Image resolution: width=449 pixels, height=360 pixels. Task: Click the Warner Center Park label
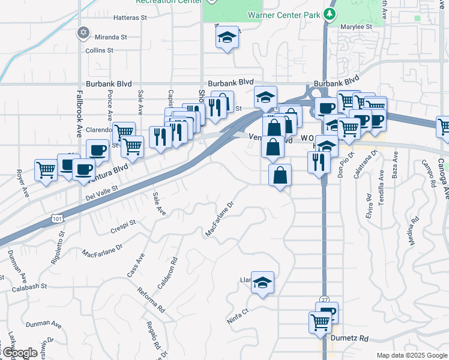pos(283,13)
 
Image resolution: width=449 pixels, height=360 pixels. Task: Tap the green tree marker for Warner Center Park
pos(329,13)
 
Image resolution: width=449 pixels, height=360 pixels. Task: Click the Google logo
pos(20,353)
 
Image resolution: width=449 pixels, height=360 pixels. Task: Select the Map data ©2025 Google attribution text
pos(411,355)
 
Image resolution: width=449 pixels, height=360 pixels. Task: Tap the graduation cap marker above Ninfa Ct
pos(262,281)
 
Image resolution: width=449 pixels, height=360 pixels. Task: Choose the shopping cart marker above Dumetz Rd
pos(320,322)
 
